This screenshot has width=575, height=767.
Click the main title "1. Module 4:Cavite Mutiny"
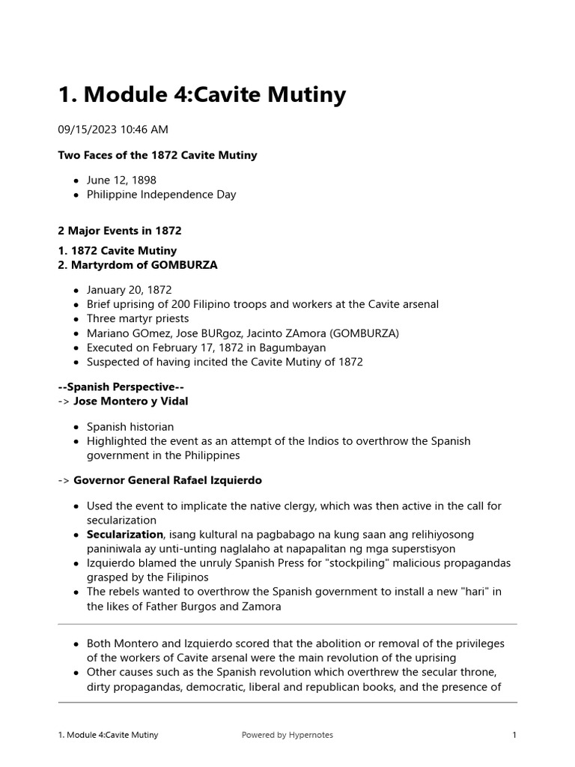coord(202,95)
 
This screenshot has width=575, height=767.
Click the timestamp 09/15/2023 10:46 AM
coord(113,130)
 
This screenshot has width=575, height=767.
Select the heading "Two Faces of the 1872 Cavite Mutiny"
coord(157,155)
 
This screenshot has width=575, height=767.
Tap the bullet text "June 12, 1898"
coord(121,181)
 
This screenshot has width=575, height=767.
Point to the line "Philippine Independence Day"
coord(161,194)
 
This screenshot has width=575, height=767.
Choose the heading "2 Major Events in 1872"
coord(120,231)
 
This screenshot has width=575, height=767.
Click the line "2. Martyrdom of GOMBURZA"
coord(138,265)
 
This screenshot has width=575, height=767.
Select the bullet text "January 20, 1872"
coord(129,290)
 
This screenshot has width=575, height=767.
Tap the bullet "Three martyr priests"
coord(138,318)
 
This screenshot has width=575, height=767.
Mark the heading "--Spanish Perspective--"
coord(121,387)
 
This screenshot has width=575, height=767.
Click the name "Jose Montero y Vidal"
coord(131,401)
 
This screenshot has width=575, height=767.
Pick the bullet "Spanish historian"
coord(130,427)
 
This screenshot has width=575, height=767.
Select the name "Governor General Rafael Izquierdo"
coord(168,480)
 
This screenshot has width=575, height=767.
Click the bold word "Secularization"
coord(125,534)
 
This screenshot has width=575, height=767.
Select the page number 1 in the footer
coord(514,736)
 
